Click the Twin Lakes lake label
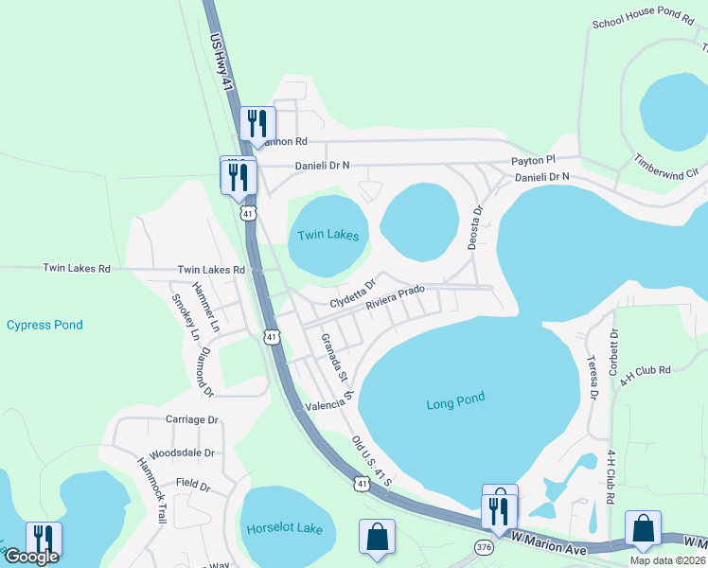point(328,236)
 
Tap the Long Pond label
point(454,404)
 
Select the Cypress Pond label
point(44,325)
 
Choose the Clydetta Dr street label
point(353,293)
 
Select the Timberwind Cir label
point(665,166)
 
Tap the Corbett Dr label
point(613,347)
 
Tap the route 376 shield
point(484,548)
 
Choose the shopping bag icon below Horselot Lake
point(377,536)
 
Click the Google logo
point(31,557)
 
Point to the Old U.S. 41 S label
point(372,463)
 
